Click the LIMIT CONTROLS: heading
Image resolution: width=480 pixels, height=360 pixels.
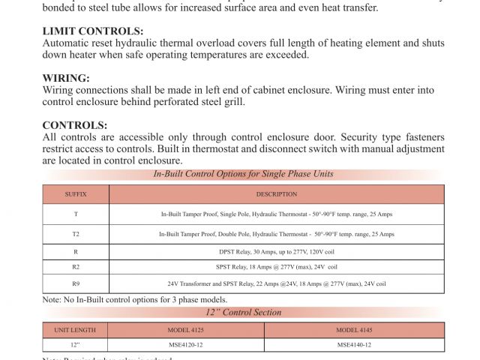[x=93, y=31]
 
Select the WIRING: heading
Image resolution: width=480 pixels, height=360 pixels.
[x=66, y=78]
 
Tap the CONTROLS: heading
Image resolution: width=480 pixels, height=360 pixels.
[x=75, y=125]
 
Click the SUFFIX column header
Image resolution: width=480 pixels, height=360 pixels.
[x=76, y=194]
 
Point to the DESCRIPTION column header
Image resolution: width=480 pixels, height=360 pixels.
[x=276, y=194]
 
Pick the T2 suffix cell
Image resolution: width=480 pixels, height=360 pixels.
[x=76, y=234]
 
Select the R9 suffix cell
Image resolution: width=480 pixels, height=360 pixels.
[x=76, y=284]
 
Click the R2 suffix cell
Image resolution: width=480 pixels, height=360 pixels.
[x=76, y=267]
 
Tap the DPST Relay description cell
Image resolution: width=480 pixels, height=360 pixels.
[x=276, y=251]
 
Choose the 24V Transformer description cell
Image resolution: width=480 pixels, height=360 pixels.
[x=276, y=284]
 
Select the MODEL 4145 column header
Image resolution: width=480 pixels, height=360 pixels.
[x=354, y=330]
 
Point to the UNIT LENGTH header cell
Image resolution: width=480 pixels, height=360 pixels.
[x=75, y=330]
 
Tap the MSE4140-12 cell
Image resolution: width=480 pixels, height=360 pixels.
[x=354, y=345]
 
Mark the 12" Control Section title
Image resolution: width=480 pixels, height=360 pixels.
[x=244, y=313]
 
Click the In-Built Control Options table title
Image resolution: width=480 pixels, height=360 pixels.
[x=244, y=174]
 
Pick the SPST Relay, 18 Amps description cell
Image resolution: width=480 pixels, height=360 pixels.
[x=276, y=267]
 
